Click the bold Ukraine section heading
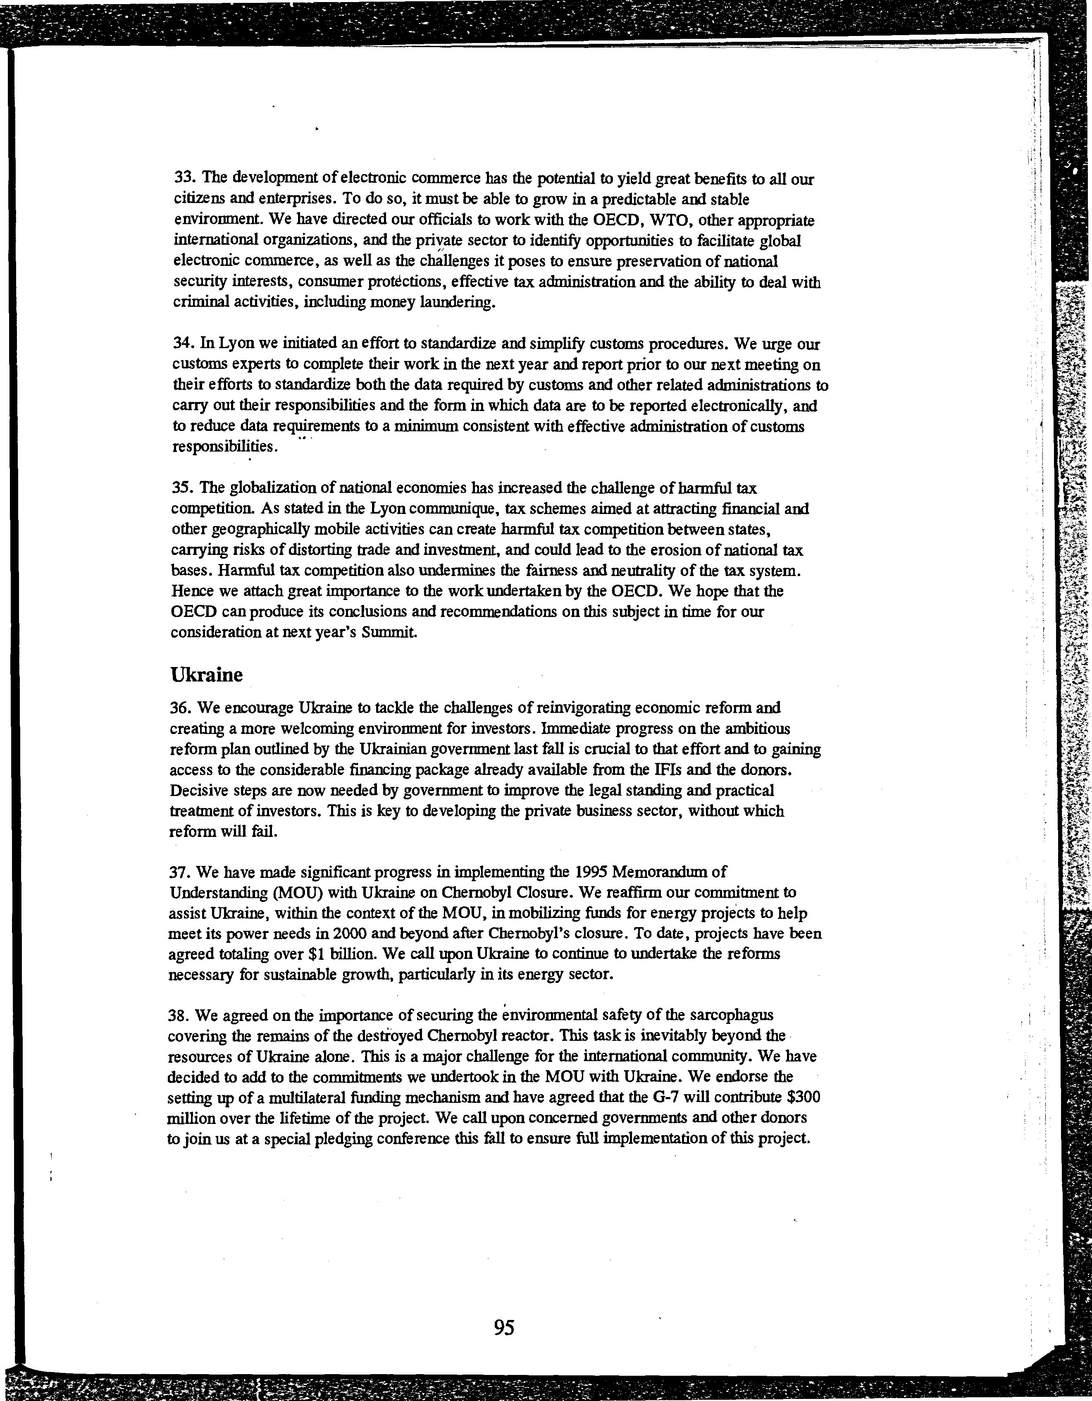coord(207,675)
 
